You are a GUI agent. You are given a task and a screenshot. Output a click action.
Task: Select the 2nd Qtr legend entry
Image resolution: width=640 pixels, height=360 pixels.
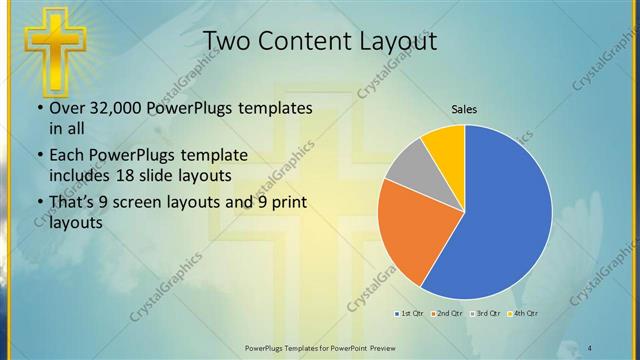click(x=446, y=315)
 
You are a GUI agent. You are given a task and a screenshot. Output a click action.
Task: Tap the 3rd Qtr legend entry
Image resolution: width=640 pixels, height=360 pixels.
click(x=487, y=315)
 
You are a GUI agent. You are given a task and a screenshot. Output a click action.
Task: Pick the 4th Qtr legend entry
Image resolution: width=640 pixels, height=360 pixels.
click(x=525, y=315)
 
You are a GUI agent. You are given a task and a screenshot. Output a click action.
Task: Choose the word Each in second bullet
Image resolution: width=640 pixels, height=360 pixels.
click(x=66, y=156)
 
